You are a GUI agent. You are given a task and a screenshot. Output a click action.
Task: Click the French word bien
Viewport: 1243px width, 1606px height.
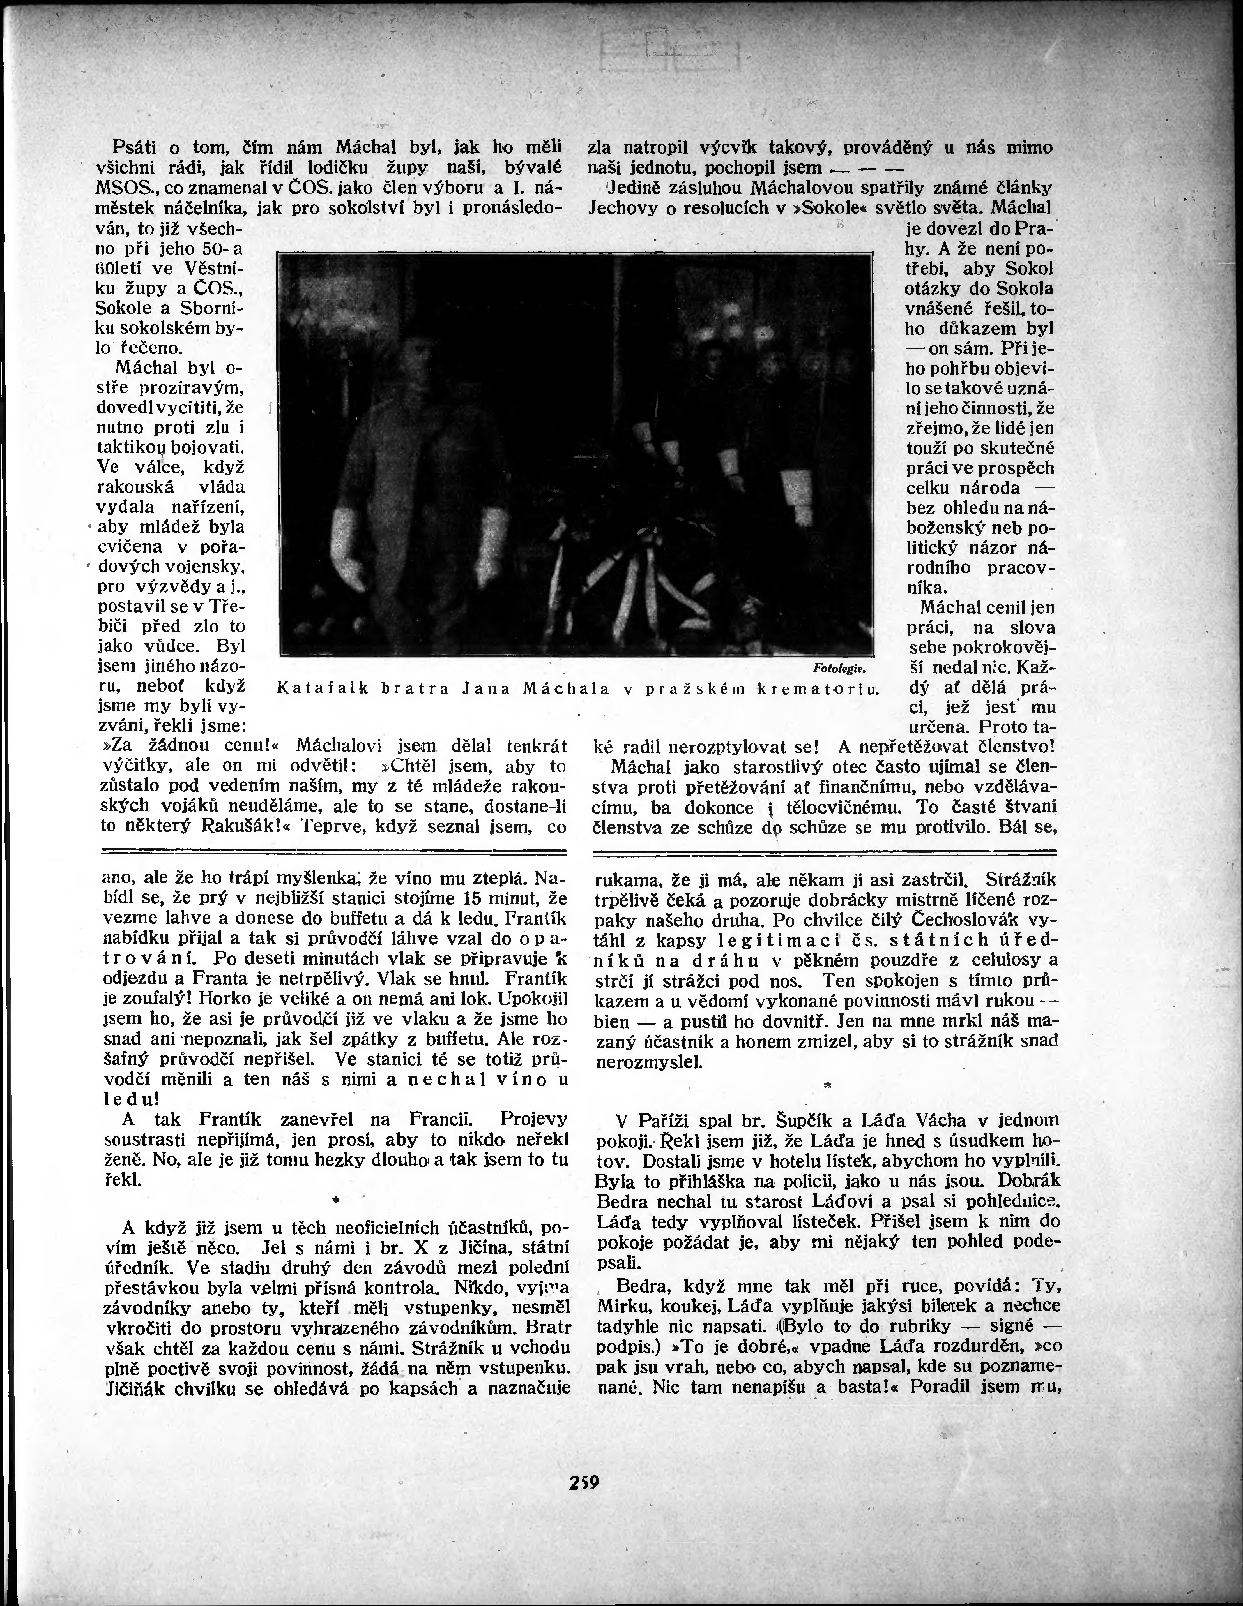(x=611, y=1022)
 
